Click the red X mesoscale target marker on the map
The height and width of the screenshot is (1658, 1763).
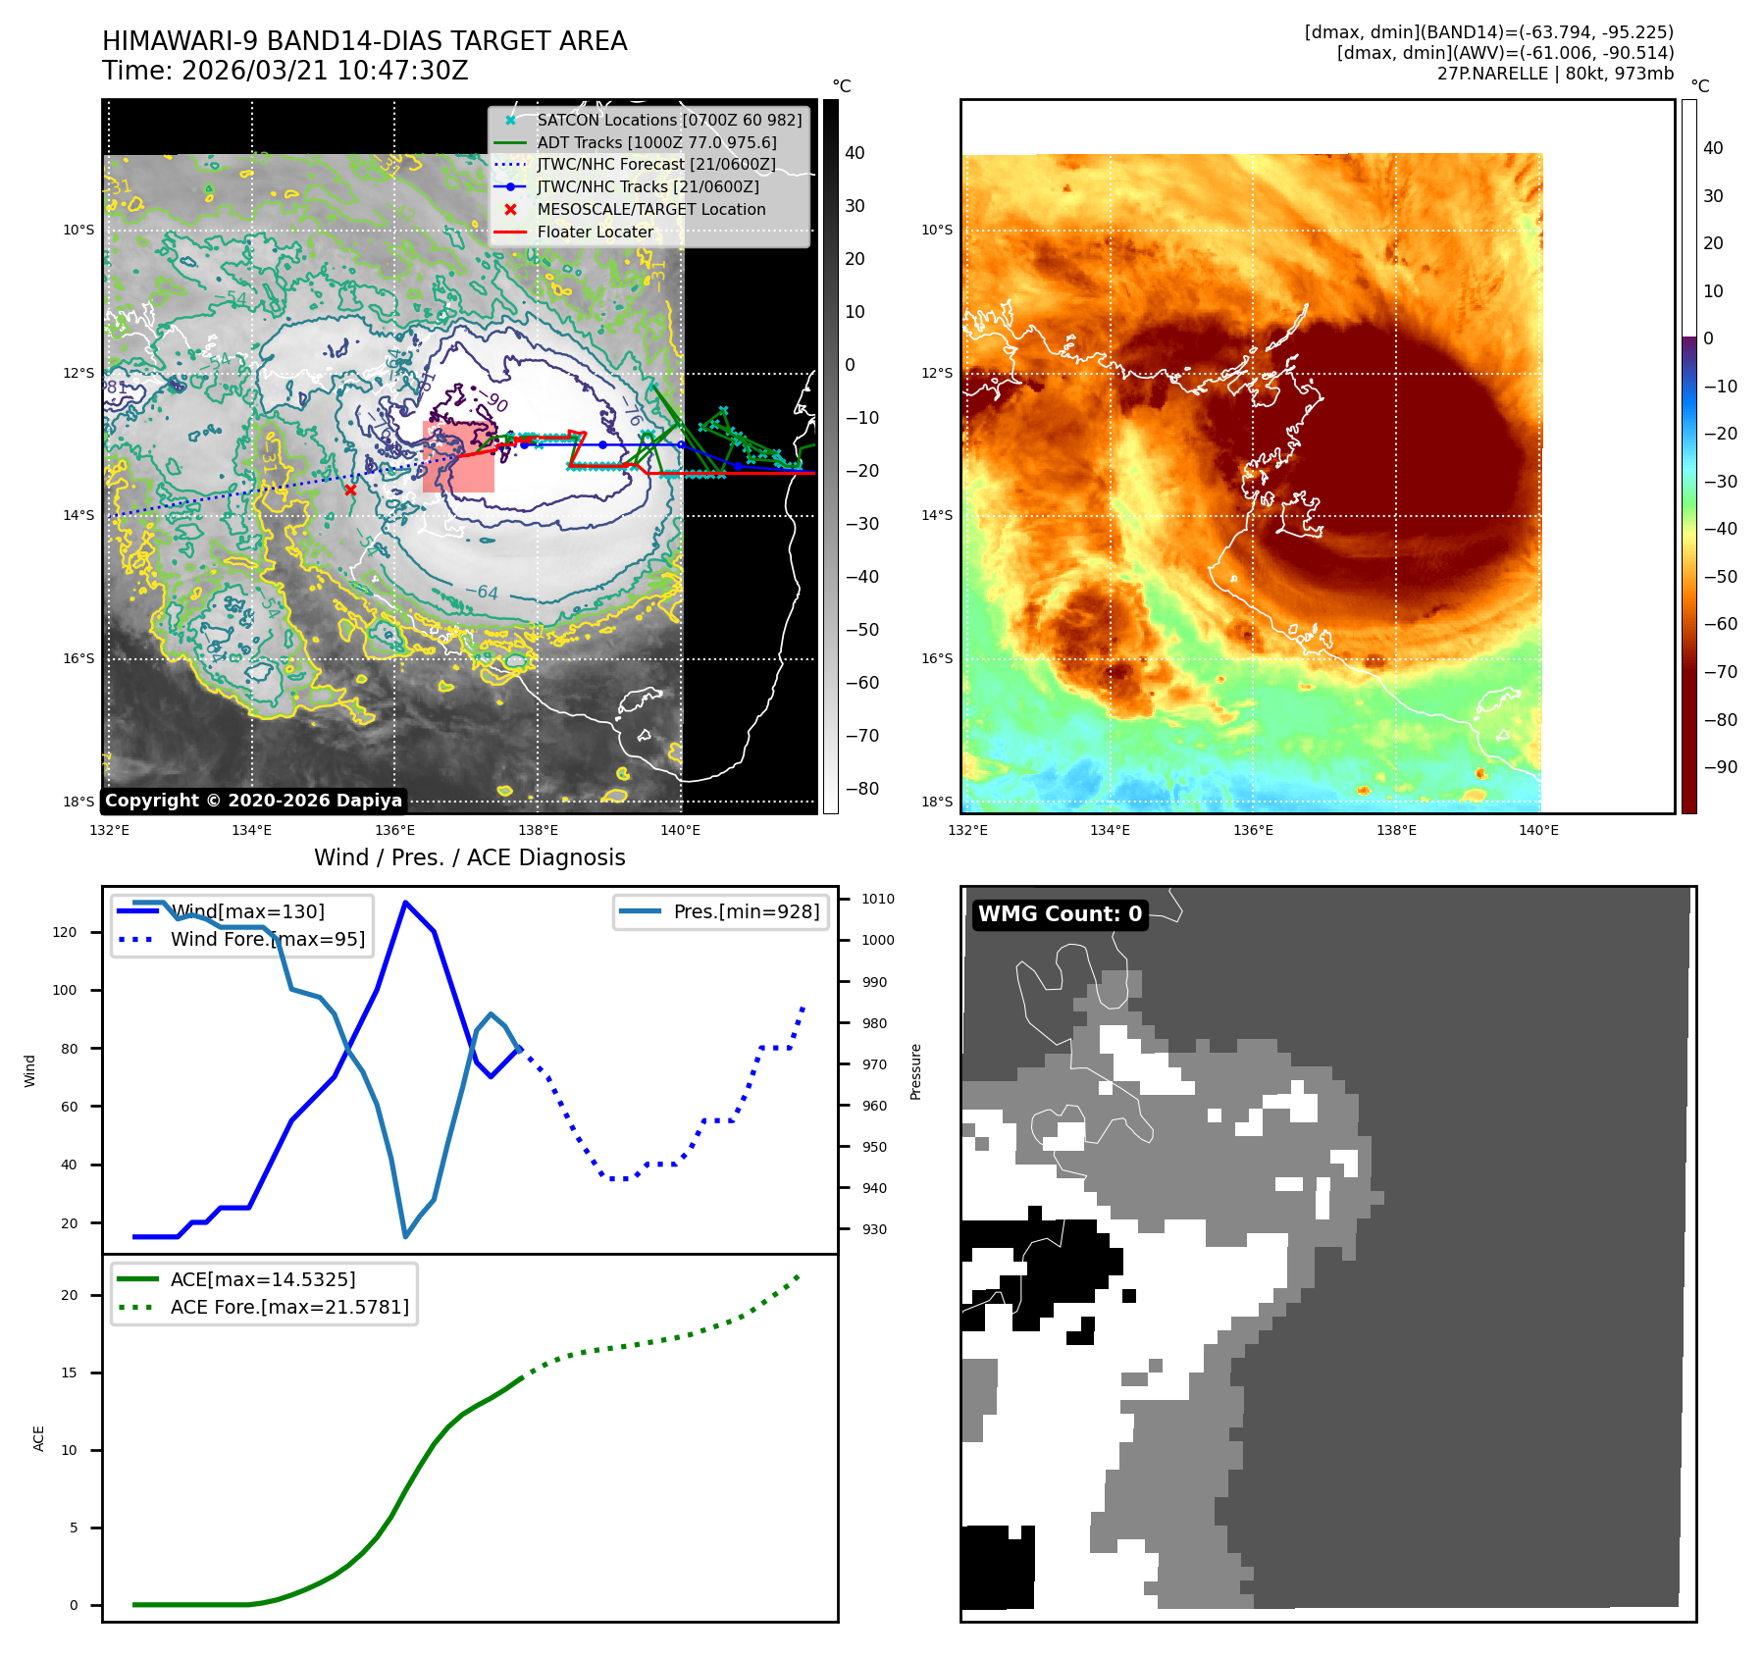pyautogui.click(x=350, y=490)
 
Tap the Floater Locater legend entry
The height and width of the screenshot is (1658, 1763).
pyautogui.click(x=595, y=233)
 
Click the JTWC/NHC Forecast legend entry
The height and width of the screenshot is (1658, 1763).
pyautogui.click(x=655, y=165)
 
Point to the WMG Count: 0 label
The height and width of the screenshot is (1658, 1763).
pyautogui.click(x=1060, y=914)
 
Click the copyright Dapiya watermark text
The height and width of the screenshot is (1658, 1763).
pyautogui.click(x=253, y=801)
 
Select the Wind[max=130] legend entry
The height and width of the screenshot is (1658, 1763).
pyautogui.click(x=247, y=911)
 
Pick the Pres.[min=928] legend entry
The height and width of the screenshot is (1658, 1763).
pyautogui.click(x=746, y=911)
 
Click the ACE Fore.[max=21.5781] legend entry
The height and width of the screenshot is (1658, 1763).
pyautogui.click(x=289, y=1307)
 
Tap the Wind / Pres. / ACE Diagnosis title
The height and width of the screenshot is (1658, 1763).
pyautogui.click(x=469, y=857)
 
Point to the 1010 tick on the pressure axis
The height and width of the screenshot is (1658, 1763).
pyautogui.click(x=877, y=899)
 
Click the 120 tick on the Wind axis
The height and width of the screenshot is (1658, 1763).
pyautogui.click(x=65, y=932)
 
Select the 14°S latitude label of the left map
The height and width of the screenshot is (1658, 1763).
pyautogui.click(x=78, y=516)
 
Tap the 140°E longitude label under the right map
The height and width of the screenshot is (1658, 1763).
pyautogui.click(x=1538, y=831)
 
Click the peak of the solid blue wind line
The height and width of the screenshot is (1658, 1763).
pyautogui.click(x=405, y=902)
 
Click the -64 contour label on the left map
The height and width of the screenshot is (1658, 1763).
pyautogui.click(x=481, y=593)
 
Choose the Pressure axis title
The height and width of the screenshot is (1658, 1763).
pyautogui.click(x=915, y=1071)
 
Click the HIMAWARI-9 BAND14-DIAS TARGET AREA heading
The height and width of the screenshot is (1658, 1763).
pyautogui.click(x=364, y=41)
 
